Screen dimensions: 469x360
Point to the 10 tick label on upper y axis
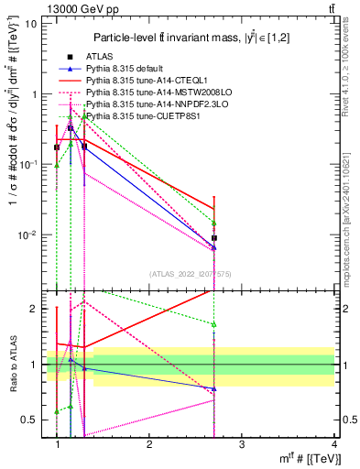30,24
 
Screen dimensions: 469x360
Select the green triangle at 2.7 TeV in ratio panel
214,324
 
